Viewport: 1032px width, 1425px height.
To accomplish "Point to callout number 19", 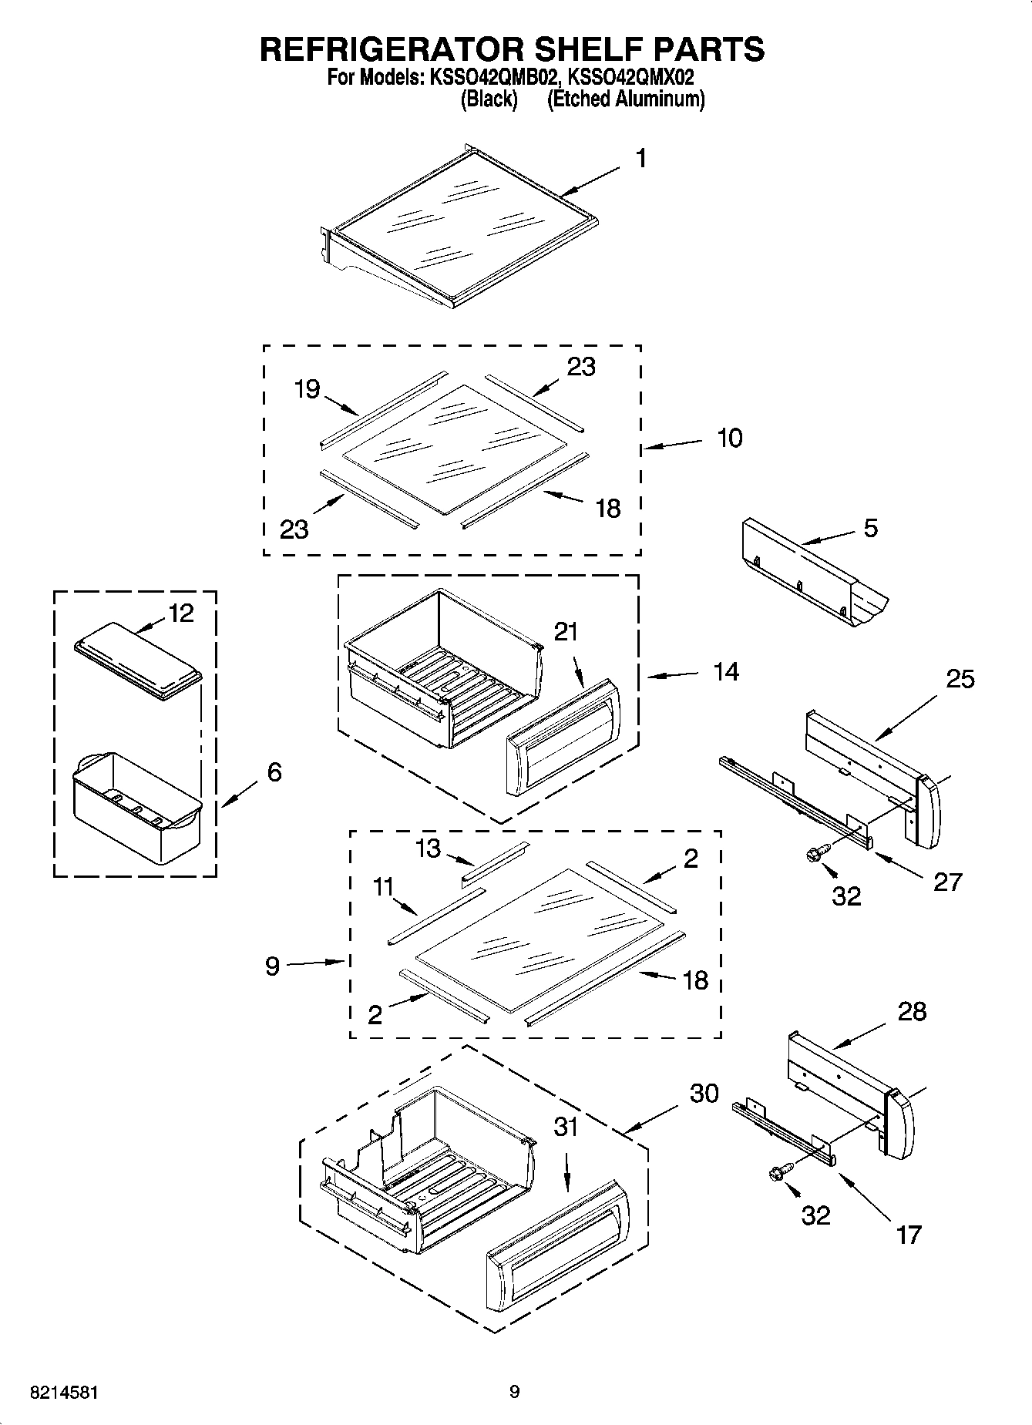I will [x=307, y=389].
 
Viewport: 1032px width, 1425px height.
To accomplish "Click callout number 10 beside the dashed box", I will [x=729, y=438].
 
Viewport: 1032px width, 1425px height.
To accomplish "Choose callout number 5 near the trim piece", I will [x=870, y=529].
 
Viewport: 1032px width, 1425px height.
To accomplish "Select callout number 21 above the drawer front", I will [x=566, y=632].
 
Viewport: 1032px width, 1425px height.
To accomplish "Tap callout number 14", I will [x=725, y=672].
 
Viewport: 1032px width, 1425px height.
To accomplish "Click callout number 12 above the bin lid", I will [x=181, y=613].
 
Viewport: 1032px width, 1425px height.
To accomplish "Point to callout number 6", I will [x=274, y=772].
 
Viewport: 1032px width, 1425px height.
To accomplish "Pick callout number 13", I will [x=428, y=849].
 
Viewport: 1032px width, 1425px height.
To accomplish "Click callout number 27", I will [x=947, y=881].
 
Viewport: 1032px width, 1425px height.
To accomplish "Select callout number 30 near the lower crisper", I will [x=704, y=1093].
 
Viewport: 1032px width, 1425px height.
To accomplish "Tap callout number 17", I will [x=909, y=1235].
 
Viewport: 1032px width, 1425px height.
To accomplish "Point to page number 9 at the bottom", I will [x=514, y=1392].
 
